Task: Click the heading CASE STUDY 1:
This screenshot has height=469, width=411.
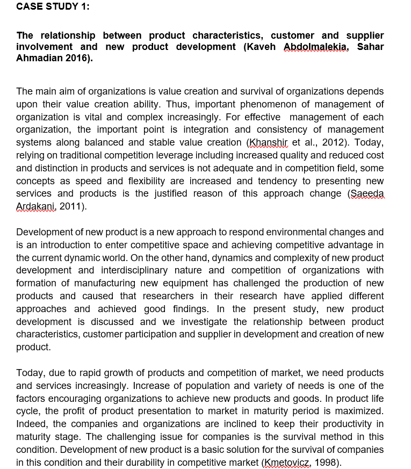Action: tap(53, 6)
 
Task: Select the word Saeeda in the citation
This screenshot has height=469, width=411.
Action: tap(367, 193)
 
